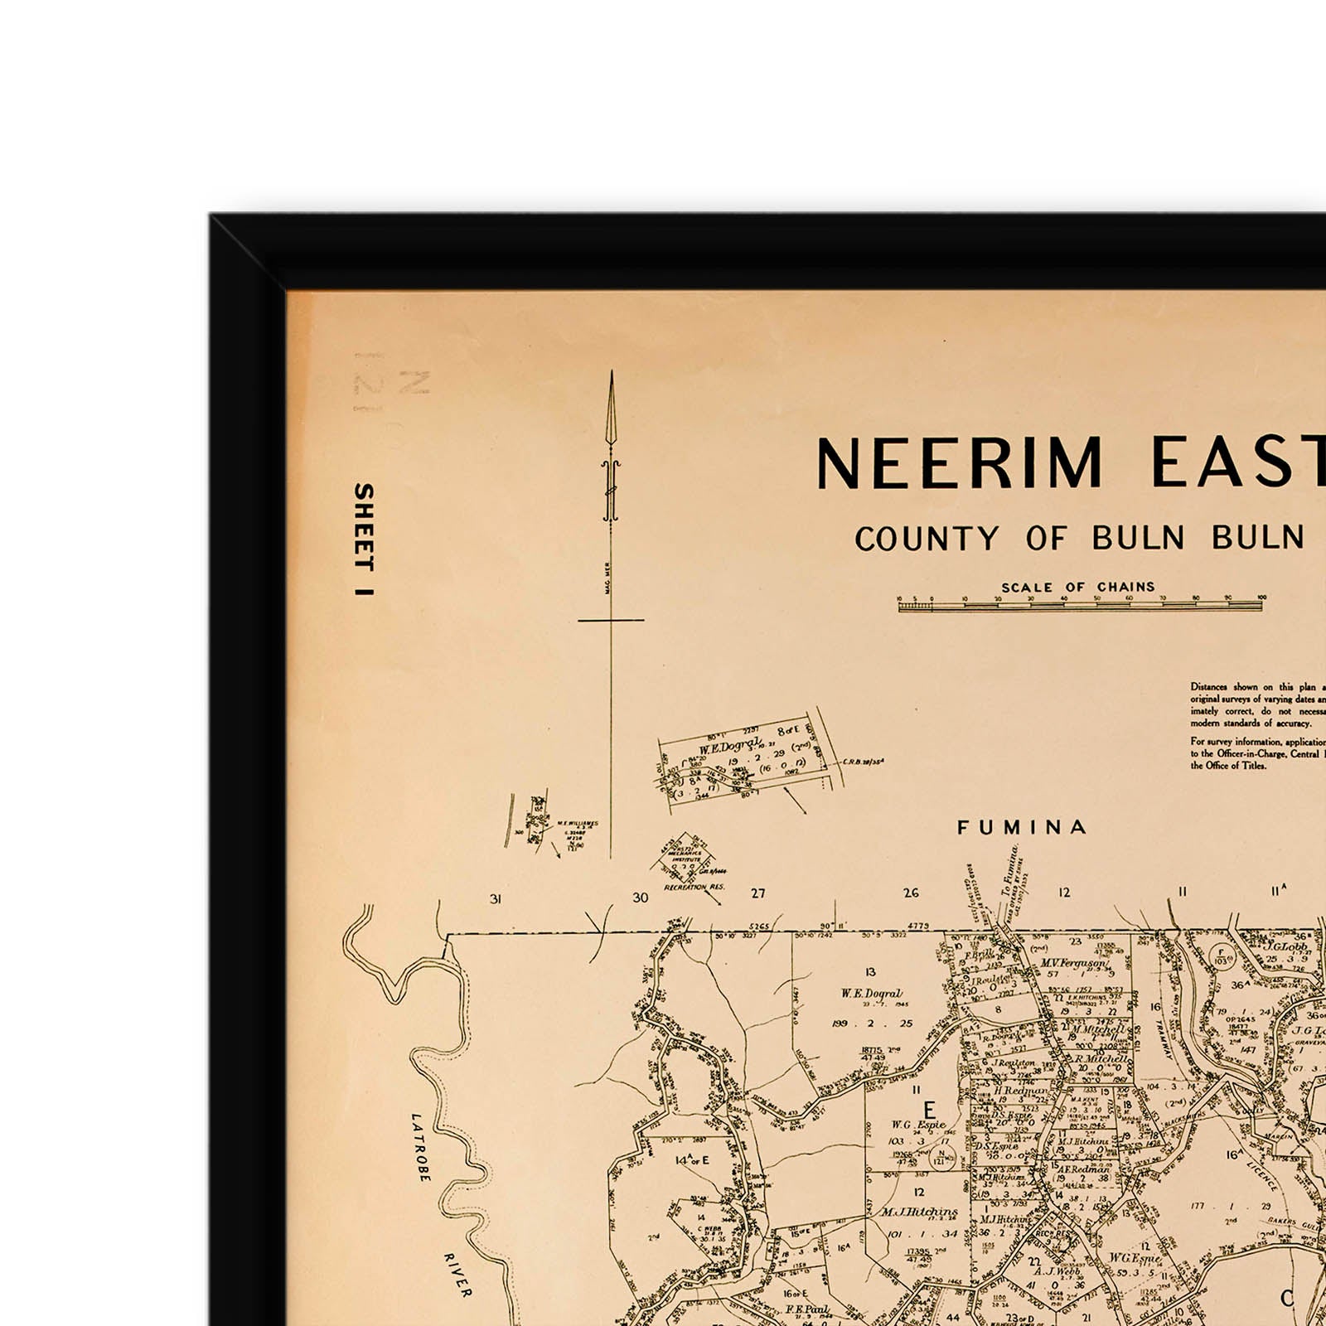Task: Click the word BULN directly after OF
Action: pos(1138,539)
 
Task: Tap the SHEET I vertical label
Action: pos(363,540)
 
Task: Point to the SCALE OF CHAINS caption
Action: pos(1077,587)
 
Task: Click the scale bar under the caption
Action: pos(1080,606)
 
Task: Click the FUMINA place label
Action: pos(1021,827)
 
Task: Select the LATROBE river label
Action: pos(421,1147)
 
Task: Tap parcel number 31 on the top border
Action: pos(496,898)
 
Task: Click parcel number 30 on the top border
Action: pos(640,897)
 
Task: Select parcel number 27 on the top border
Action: pos(757,893)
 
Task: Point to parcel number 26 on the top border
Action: pos(911,893)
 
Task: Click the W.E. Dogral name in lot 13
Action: pos(870,993)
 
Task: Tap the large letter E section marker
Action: pos(929,1109)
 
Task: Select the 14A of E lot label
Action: pos(693,1159)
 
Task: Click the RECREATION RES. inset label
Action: pos(694,888)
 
